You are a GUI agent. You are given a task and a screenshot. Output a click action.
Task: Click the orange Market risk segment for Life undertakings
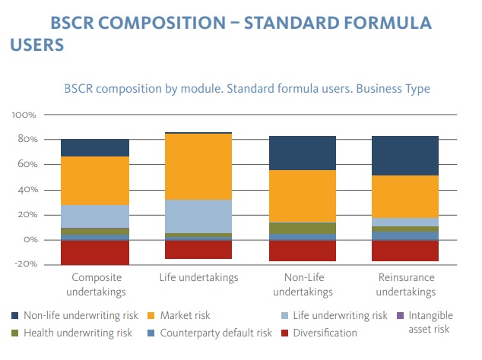pos(198,166)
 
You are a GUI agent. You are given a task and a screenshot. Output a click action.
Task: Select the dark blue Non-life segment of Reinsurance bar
pos(405,156)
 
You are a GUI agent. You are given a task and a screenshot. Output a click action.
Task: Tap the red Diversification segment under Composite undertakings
pos(95,252)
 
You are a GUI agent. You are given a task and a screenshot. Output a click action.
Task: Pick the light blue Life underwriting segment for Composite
pos(95,216)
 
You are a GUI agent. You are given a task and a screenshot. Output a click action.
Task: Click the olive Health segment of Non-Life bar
pos(302,228)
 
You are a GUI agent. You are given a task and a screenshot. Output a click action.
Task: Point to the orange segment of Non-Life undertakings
pos(302,196)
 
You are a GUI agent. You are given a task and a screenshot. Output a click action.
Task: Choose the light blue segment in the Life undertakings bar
pos(198,216)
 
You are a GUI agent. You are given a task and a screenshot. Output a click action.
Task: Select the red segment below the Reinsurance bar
pos(405,251)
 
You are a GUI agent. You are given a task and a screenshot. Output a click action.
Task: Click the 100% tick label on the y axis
pos(24,115)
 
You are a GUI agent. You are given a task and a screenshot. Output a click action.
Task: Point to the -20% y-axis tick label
pos(25,265)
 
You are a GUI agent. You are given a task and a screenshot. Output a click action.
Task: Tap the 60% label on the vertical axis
pos(27,165)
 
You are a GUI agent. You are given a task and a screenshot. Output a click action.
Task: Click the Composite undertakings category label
pos(95,284)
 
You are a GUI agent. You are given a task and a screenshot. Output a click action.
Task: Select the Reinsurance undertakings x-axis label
pos(405,284)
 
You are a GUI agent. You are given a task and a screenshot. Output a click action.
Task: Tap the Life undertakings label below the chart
pos(198,278)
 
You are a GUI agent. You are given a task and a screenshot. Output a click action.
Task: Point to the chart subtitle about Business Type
pos(247,89)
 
